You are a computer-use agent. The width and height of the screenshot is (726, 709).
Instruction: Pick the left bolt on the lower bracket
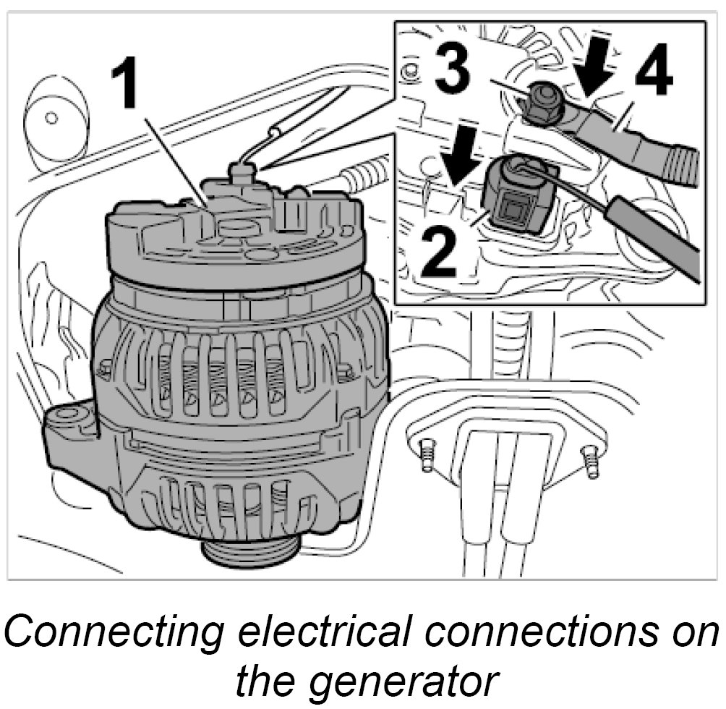click(x=428, y=455)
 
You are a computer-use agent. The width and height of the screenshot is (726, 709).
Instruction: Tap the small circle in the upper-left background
click(x=50, y=116)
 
